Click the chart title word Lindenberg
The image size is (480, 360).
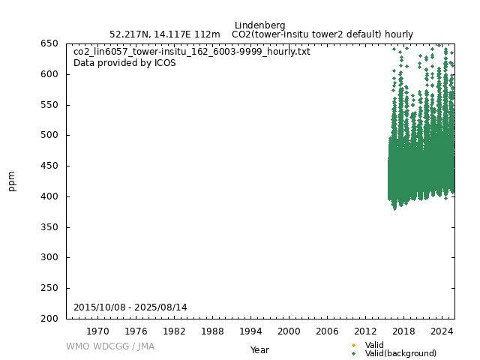click(259, 25)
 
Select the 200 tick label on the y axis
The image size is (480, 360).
click(50, 319)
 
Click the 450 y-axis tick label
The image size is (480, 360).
click(50, 166)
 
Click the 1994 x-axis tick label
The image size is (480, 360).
click(250, 331)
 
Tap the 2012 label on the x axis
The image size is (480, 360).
click(365, 331)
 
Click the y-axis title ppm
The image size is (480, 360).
click(12, 181)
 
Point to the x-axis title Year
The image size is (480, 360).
click(259, 350)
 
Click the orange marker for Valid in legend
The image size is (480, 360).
click(353, 346)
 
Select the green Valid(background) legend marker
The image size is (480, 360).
click(353, 354)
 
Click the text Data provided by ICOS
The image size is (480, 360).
click(124, 63)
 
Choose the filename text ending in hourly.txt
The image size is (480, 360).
click(191, 52)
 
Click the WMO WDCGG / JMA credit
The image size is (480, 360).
click(110, 346)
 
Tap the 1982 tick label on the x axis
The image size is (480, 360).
click(174, 331)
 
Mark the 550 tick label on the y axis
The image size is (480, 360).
click(50, 105)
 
